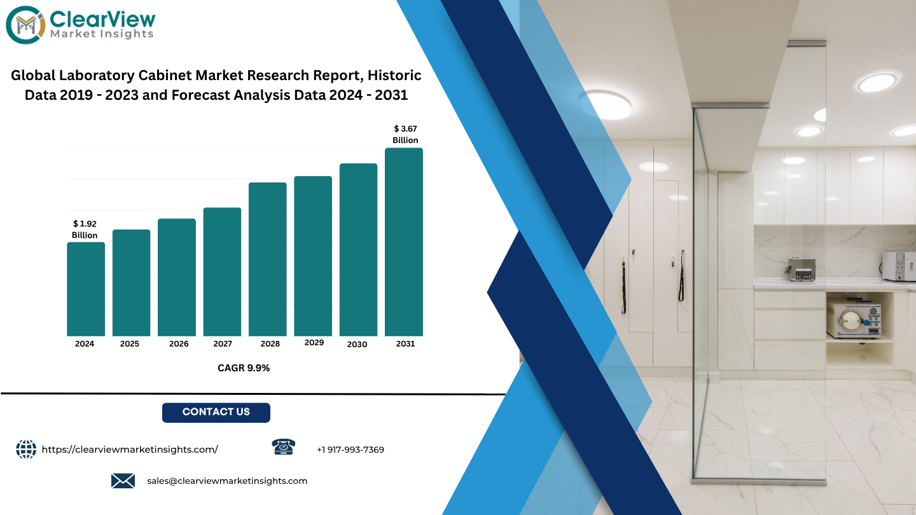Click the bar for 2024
click(x=86, y=289)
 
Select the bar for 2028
click(x=267, y=259)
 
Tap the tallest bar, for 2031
click(x=403, y=242)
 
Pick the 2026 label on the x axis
click(x=179, y=344)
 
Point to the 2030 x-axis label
click(x=357, y=344)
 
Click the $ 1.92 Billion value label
click(x=85, y=230)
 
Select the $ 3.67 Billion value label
click(x=405, y=135)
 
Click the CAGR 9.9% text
click(x=244, y=368)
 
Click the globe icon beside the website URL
click(x=26, y=449)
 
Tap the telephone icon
click(x=284, y=447)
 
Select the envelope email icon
click(x=123, y=481)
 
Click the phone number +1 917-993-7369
click(x=350, y=450)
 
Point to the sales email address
click(x=227, y=481)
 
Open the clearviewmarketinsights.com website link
click(x=130, y=450)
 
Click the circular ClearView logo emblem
click(x=25, y=25)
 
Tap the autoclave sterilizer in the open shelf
click(x=854, y=319)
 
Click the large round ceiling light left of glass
click(x=607, y=105)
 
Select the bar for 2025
click(x=131, y=283)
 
